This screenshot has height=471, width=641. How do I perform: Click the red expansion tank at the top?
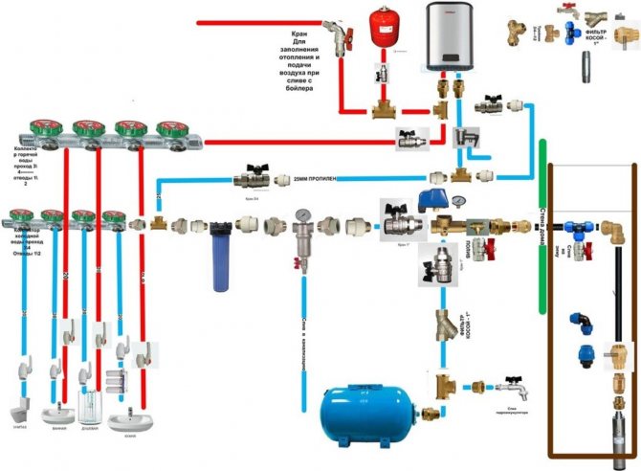387,30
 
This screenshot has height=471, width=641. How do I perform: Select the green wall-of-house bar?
542,220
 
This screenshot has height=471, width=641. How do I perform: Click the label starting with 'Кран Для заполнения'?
308,68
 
